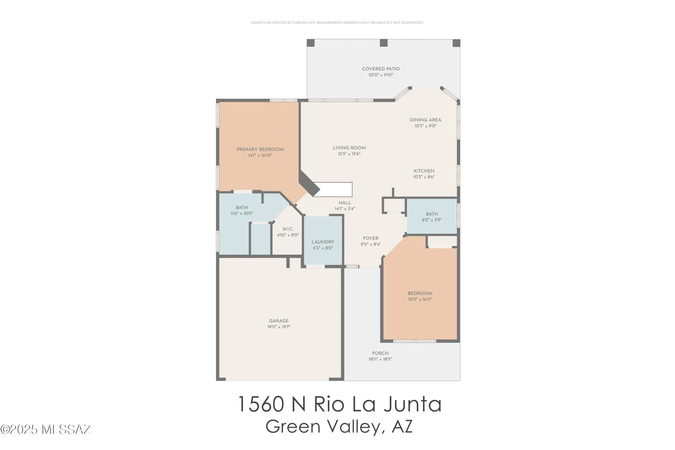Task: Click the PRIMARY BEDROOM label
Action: (x=260, y=149)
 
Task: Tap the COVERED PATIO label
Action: (x=381, y=69)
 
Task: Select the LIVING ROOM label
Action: (x=349, y=148)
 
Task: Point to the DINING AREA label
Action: (x=425, y=120)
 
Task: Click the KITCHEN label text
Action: (x=424, y=171)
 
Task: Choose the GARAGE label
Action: (x=279, y=321)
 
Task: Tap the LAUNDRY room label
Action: (x=323, y=242)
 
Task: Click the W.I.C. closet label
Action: (x=288, y=229)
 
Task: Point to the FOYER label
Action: (x=371, y=238)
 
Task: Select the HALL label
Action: (x=345, y=203)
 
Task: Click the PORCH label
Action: (x=380, y=353)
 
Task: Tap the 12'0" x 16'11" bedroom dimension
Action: (x=420, y=299)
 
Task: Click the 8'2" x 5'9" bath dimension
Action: (x=432, y=220)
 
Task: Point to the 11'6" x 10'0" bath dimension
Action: (x=242, y=214)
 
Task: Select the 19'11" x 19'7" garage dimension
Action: (x=279, y=327)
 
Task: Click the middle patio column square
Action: (x=384, y=43)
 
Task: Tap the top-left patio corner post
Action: (x=311, y=43)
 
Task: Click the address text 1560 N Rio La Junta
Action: (x=340, y=404)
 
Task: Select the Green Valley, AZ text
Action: (x=339, y=427)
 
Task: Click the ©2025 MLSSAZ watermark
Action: (x=46, y=429)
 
